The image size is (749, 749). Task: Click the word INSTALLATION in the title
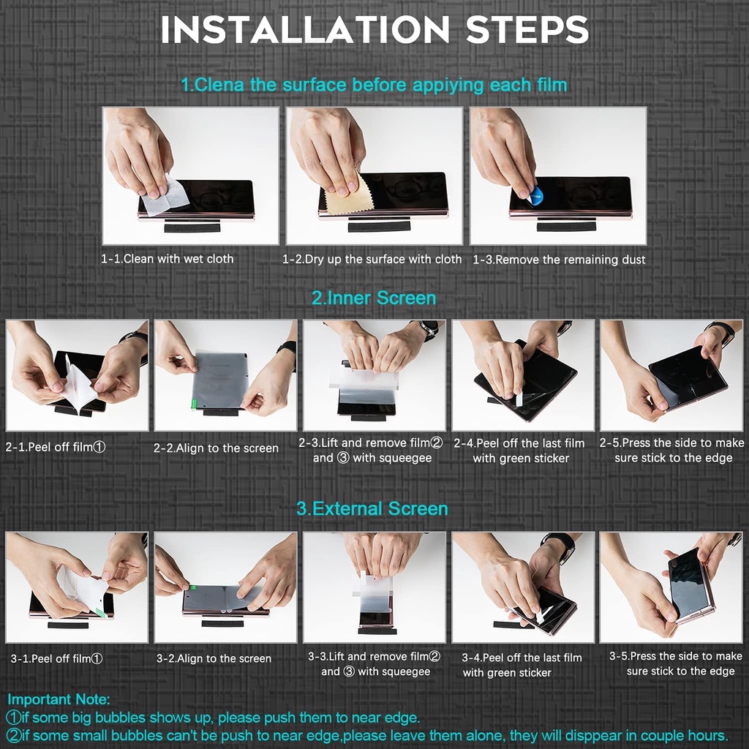305,29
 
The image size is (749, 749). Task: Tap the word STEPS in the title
527,29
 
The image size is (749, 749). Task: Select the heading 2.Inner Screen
374,298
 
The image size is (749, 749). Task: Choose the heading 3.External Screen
372,509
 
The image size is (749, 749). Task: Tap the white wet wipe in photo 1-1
165,197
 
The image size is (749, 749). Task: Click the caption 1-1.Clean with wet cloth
168,259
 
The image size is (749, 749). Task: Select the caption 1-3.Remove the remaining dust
559,260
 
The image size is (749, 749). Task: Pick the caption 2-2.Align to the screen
216,448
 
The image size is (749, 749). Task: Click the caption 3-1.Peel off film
56,659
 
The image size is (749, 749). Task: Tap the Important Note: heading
59,699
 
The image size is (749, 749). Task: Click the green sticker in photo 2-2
194,404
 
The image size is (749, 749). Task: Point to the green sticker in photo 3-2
192,587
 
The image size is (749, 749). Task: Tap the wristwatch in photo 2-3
429,328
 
